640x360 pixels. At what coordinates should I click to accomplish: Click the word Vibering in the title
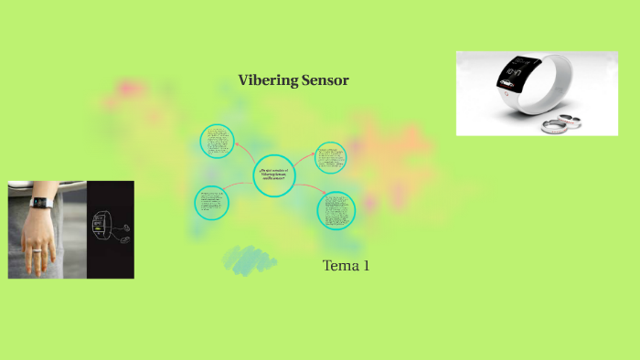[x=268, y=80]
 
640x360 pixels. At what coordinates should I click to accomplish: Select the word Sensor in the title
[x=324, y=80]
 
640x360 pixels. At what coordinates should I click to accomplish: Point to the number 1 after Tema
[x=366, y=266]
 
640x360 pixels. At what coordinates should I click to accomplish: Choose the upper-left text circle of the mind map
[x=218, y=142]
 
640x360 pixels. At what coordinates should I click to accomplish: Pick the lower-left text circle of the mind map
[x=211, y=203]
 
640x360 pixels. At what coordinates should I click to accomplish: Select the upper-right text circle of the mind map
[x=330, y=157]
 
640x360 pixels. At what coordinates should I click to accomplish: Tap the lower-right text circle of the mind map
[x=336, y=210]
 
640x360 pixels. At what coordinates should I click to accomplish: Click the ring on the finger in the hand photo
[x=37, y=249]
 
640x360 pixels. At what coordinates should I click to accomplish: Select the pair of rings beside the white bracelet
[x=560, y=122]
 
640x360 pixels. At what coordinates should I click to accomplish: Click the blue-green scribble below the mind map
[x=250, y=259]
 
